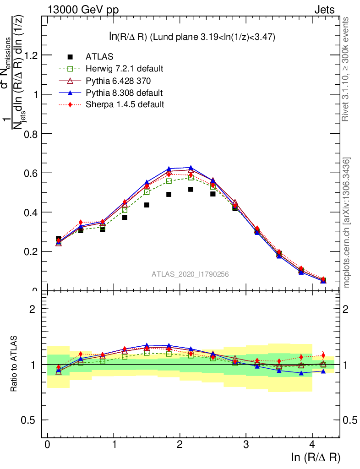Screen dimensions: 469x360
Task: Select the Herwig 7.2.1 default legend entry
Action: point(124,69)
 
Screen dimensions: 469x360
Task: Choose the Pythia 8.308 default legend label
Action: point(124,93)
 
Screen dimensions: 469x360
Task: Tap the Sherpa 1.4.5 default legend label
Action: point(125,104)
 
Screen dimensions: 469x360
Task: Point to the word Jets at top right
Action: point(324,10)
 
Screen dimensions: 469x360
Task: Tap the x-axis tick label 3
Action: point(246,445)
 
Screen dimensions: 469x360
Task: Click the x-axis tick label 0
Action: point(47,445)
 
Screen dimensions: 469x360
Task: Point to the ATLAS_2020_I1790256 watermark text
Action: point(190,274)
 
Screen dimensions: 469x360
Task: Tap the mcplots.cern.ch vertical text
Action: point(347,223)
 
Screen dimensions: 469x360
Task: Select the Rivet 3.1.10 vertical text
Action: point(347,70)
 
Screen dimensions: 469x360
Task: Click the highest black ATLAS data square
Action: point(191,189)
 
